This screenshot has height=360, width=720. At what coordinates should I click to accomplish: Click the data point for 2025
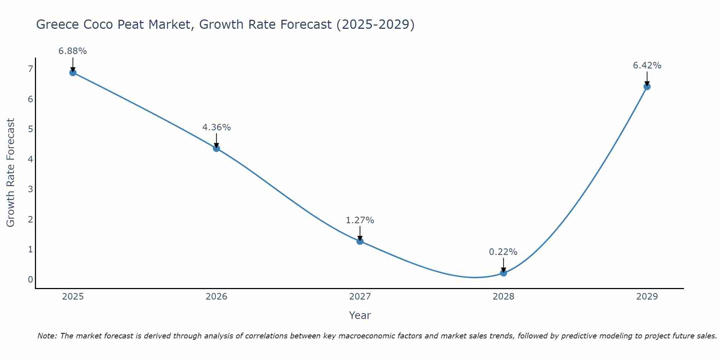(73, 72)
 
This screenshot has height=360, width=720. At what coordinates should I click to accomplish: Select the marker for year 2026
(216, 148)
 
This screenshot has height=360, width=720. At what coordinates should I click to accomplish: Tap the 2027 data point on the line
(360, 241)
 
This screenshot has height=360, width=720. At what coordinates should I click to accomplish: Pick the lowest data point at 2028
(503, 273)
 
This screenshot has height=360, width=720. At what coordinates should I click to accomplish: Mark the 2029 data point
(647, 86)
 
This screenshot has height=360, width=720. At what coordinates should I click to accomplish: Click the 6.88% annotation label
(73, 51)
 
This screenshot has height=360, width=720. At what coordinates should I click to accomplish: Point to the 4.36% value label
(216, 127)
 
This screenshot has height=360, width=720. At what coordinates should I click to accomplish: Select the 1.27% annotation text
(360, 220)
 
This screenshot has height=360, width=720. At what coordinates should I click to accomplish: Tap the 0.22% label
(503, 252)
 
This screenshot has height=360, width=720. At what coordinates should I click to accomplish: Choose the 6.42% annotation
(647, 66)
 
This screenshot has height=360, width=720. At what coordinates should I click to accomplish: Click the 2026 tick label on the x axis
(216, 297)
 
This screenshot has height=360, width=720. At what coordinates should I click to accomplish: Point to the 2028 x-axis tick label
(503, 297)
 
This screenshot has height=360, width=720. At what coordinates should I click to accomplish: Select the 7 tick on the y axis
(30, 69)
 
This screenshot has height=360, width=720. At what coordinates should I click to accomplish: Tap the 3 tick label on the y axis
(30, 189)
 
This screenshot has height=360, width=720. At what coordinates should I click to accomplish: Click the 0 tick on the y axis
(30, 279)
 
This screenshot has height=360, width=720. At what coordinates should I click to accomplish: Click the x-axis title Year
(360, 315)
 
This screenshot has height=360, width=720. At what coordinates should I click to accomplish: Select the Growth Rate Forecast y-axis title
(11, 173)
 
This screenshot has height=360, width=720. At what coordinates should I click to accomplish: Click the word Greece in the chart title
(58, 24)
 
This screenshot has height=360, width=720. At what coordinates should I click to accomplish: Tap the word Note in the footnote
(47, 336)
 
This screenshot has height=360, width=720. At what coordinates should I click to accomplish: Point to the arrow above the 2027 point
(360, 233)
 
